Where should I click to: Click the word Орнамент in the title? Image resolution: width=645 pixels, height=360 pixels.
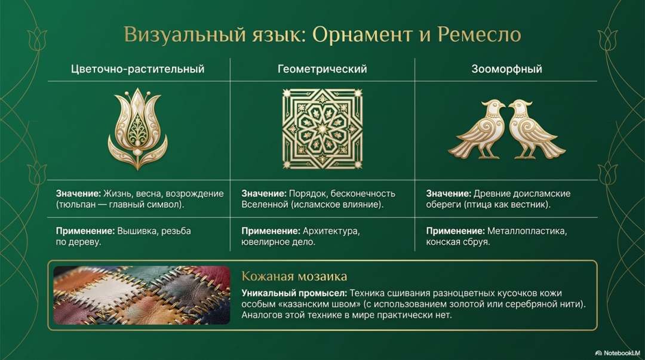click(362, 35)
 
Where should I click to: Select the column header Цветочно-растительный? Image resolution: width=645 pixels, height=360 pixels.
click(137, 69)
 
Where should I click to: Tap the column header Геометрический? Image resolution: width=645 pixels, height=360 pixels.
click(322, 69)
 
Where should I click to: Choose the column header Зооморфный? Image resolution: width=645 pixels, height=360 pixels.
click(506, 69)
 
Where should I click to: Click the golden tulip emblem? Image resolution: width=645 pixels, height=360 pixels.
click(138, 129)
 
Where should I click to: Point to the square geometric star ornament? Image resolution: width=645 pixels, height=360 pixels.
click(322, 129)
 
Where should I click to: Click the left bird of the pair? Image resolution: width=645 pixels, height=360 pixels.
click(477, 130)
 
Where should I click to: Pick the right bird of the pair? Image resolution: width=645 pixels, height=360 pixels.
click(537, 130)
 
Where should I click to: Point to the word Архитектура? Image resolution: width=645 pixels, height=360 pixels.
click(331, 231)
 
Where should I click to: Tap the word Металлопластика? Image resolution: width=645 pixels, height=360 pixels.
click(527, 231)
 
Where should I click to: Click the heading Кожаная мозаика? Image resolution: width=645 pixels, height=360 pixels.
click(294, 276)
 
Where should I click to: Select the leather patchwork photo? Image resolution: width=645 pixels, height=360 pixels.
click(142, 295)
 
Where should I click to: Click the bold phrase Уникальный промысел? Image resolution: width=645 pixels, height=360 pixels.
click(294, 293)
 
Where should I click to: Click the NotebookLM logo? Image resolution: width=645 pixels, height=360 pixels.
click(618, 353)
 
